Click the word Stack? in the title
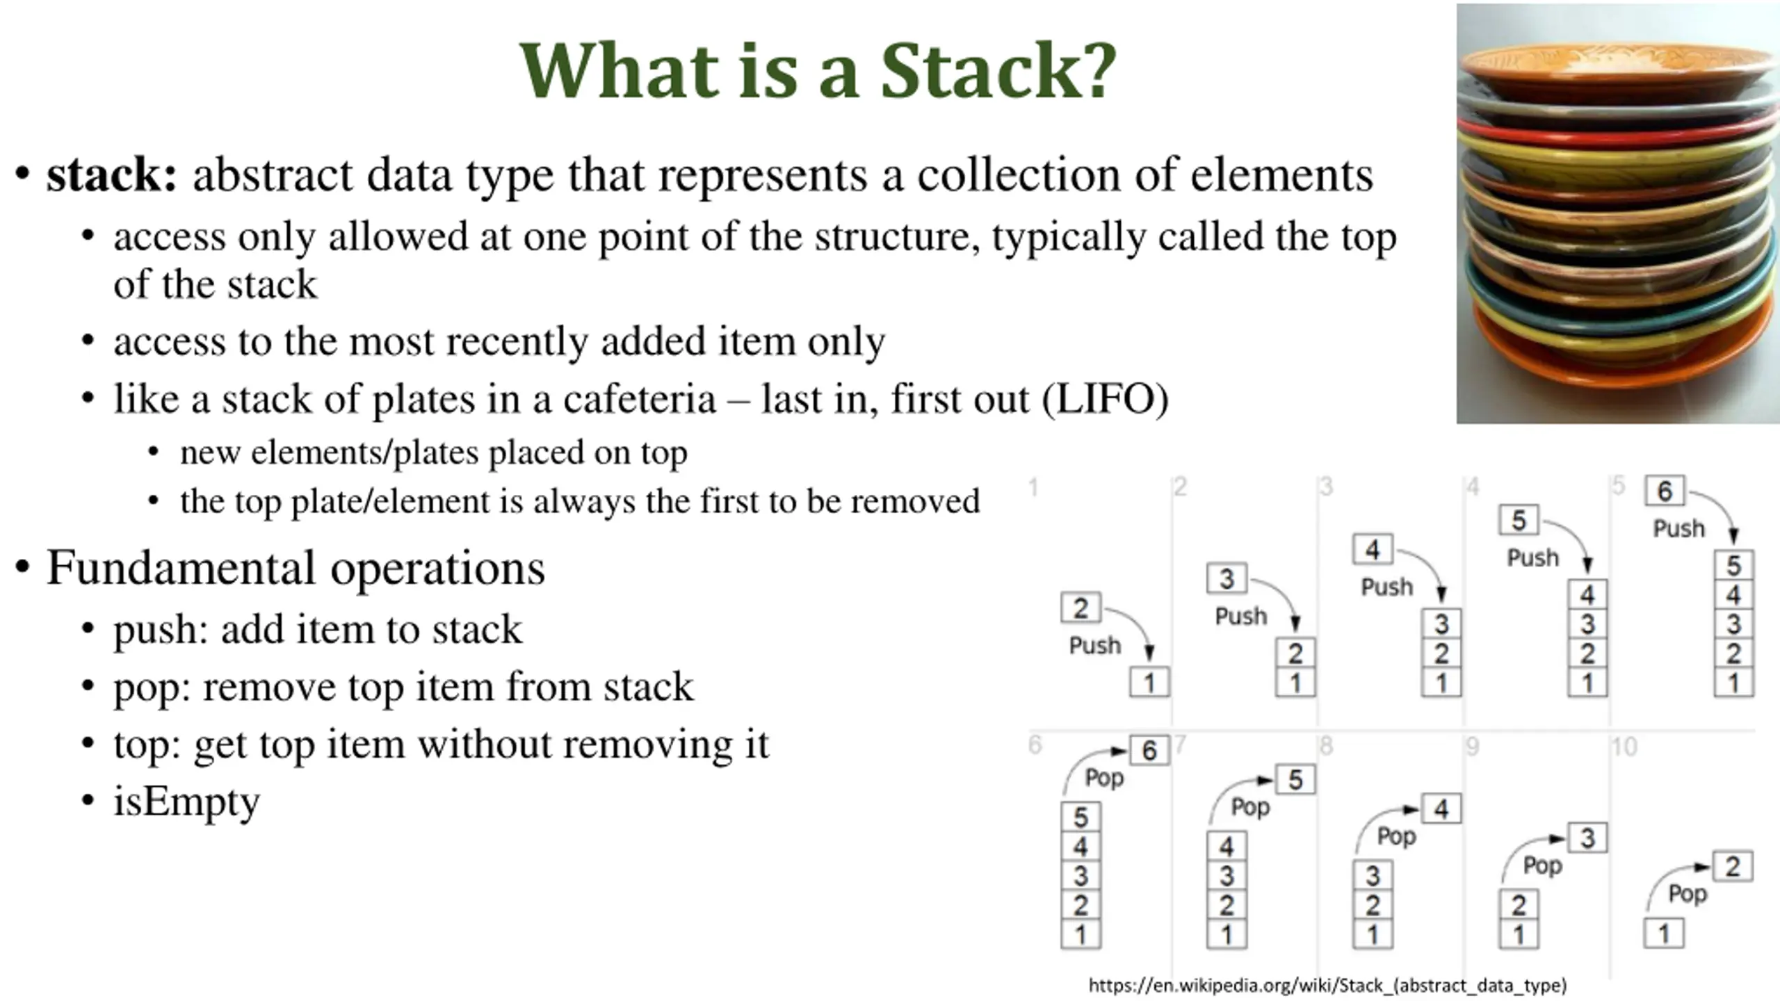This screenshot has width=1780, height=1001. click(998, 71)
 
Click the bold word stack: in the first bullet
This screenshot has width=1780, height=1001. click(112, 175)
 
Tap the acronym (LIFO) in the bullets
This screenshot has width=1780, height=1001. click(1105, 399)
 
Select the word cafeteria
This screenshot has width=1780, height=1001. click(639, 399)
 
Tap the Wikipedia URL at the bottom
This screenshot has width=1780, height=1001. click(1327, 985)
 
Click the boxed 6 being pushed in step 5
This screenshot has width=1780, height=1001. click(1664, 491)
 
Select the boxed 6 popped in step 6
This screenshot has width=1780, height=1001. click(1149, 751)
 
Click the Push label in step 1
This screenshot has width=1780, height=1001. click(1094, 646)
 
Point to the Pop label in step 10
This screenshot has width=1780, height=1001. click(1688, 894)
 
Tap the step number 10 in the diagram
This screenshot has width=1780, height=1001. click(1624, 747)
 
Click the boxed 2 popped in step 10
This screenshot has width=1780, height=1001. click(1732, 867)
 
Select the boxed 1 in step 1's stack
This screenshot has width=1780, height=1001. click(1149, 683)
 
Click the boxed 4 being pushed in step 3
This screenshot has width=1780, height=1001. click(1372, 550)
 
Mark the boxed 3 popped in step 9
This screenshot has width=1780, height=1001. click(1587, 838)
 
